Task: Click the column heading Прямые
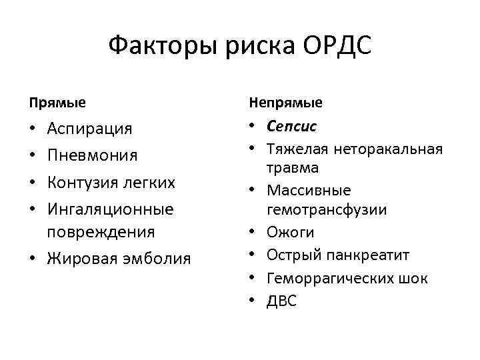[x=57, y=103]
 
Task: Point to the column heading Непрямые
[x=285, y=103]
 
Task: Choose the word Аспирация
[x=89, y=128]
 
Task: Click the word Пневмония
[x=92, y=155]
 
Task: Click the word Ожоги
[x=290, y=232]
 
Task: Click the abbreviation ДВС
[x=282, y=301]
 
